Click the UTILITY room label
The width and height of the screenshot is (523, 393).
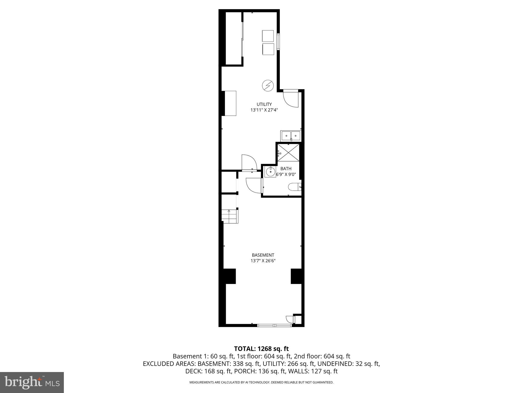[264, 104]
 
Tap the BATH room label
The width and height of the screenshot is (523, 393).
[286, 169]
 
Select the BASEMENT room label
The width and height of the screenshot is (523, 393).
[263, 255]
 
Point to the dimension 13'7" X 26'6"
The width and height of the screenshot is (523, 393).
[263, 261]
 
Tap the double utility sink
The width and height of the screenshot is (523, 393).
[291, 136]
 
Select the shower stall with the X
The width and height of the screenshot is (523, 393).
[288, 153]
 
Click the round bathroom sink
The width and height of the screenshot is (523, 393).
[270, 172]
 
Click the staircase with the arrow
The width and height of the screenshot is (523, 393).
[230, 216]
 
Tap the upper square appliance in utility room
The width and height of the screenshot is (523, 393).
[268, 36]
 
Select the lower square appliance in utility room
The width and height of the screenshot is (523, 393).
[268, 49]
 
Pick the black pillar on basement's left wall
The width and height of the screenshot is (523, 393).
[229, 276]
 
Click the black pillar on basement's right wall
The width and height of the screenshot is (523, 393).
[296, 276]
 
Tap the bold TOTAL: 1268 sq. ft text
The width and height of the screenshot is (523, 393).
[261, 348]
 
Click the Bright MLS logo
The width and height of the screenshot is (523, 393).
[32, 382]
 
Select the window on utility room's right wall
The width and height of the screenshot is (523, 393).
[279, 41]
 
